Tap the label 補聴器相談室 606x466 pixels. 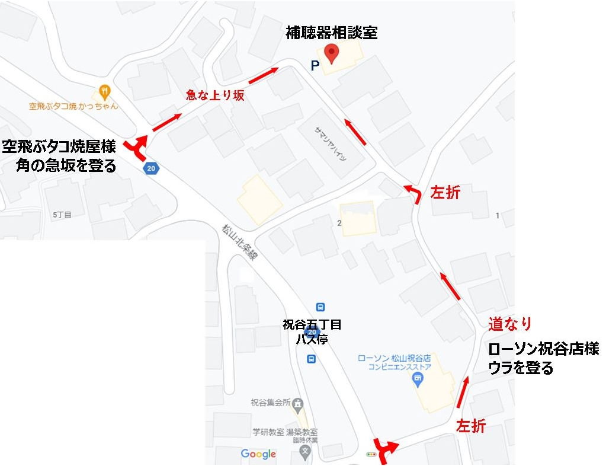(331, 33)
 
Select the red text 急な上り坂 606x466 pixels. (215, 95)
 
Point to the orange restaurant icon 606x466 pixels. (104, 92)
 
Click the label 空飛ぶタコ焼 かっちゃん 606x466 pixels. (73, 107)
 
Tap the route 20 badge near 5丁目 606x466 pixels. (151, 168)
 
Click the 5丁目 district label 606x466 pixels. (62, 215)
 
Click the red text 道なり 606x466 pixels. (509, 324)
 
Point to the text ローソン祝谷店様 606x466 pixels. (543, 349)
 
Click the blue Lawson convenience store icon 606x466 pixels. (419, 379)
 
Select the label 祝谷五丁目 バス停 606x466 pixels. (312, 331)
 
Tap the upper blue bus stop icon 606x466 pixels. (320, 307)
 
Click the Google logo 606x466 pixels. (258, 454)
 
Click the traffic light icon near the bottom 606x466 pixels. (371, 455)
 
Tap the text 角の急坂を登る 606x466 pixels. (66, 166)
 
